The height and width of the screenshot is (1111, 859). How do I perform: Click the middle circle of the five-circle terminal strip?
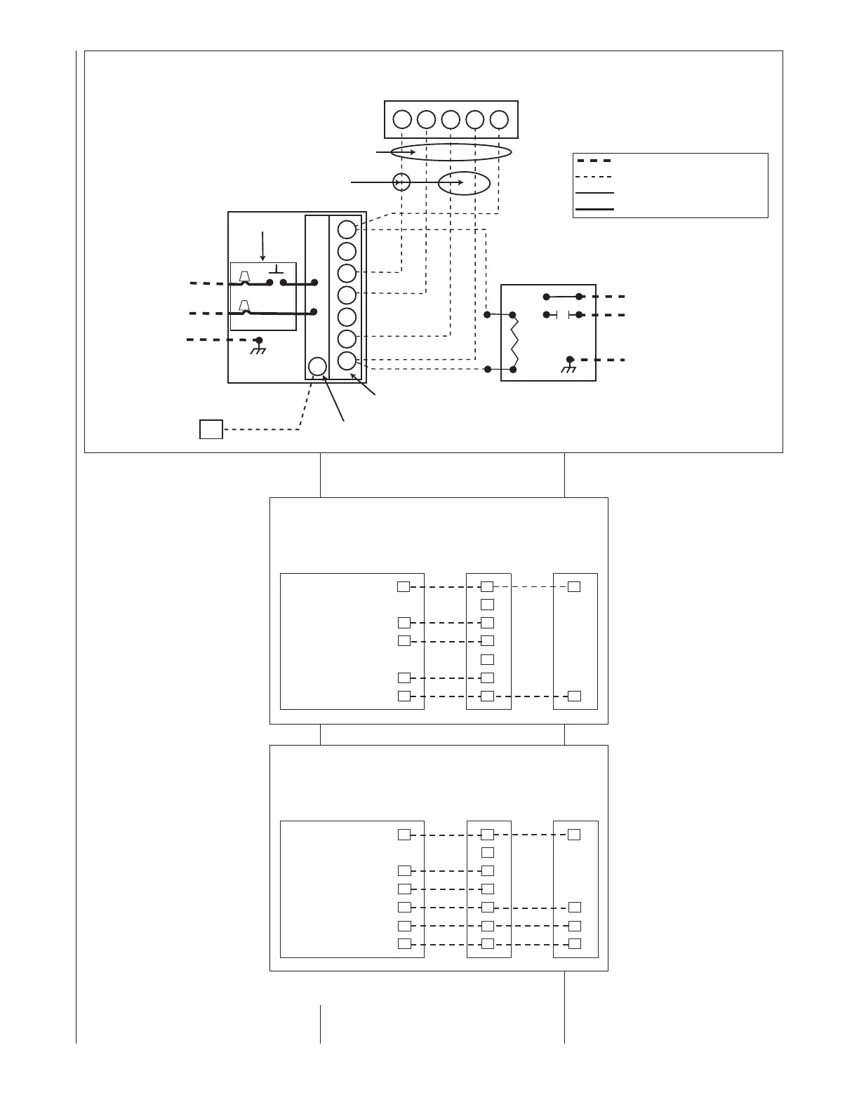coord(451,120)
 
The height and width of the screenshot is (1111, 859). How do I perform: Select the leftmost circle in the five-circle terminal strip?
coord(402,120)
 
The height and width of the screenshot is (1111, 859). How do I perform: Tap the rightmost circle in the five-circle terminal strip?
coord(499,120)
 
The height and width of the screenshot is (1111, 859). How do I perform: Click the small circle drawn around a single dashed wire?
coord(401,182)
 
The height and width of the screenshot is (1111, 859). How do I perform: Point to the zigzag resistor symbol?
coord(514,342)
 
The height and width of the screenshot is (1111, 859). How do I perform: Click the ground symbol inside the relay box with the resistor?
coord(570,366)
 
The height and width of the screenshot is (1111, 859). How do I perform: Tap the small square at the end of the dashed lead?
coord(211,429)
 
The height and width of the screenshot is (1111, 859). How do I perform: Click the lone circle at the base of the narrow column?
coord(317,366)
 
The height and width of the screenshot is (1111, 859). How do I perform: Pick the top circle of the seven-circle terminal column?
coord(347,229)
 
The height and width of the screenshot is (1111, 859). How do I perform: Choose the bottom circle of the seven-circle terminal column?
coord(347,361)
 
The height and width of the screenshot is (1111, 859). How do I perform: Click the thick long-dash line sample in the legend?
coord(594,161)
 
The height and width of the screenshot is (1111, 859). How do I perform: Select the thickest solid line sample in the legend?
coord(594,209)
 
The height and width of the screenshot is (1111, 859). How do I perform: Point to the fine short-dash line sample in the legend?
coord(594,177)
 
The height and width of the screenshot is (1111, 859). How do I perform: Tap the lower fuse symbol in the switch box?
coord(245,307)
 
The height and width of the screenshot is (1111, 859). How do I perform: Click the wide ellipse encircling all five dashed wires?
coord(455,152)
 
